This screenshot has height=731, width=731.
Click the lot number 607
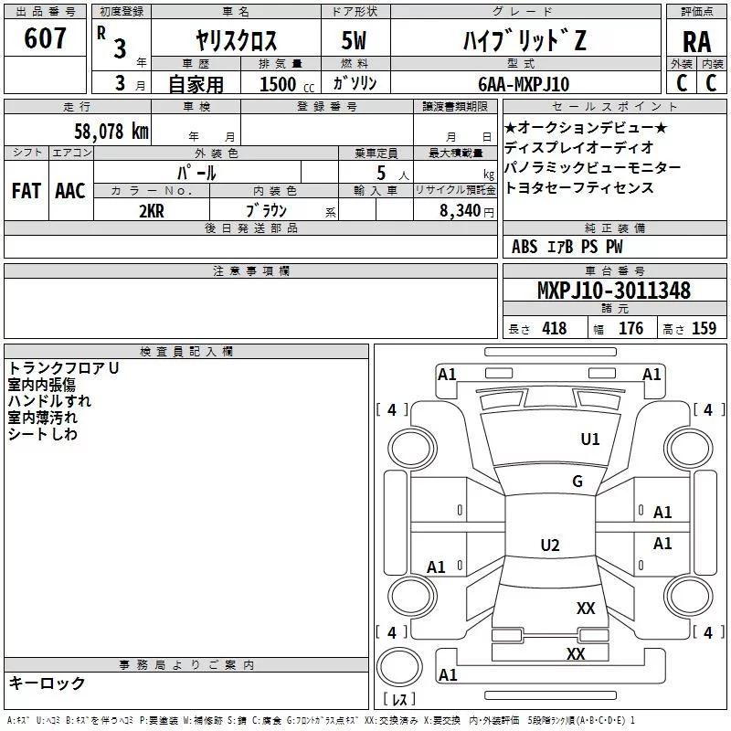pyautogui.click(x=47, y=38)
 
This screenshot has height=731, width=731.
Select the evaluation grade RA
pyautogui.click(x=696, y=42)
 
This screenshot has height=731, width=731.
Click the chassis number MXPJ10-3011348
pyautogui.click(x=613, y=291)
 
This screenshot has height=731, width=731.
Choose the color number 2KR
pyautogui.click(x=152, y=210)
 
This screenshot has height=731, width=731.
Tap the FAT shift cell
pyautogui.click(x=26, y=191)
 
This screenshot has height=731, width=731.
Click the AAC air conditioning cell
pyautogui.click(x=70, y=191)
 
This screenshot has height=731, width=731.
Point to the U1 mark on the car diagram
pyautogui.click(x=590, y=440)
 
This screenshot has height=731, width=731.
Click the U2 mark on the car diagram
pyautogui.click(x=549, y=546)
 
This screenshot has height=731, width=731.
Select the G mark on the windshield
pyautogui.click(x=577, y=482)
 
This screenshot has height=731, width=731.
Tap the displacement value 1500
pyautogui.click(x=278, y=84)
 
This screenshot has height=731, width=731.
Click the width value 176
pyautogui.click(x=630, y=328)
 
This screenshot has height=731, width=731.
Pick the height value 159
pyautogui.click(x=704, y=328)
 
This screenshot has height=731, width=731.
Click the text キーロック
pyautogui.click(x=47, y=683)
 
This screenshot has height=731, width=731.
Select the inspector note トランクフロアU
pyautogui.click(x=63, y=368)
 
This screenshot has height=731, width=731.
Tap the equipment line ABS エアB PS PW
pyautogui.click(x=567, y=247)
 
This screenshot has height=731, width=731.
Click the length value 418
pyautogui.click(x=554, y=328)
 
